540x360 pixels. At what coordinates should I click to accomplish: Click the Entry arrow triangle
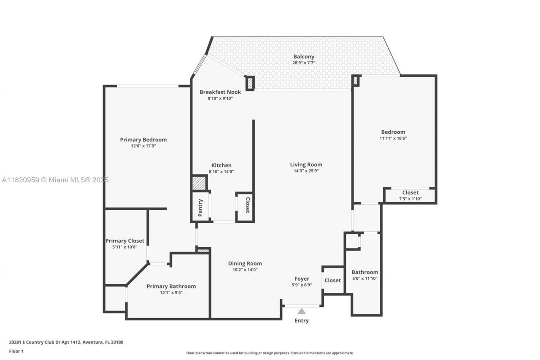301,311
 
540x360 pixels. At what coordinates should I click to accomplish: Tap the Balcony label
304,57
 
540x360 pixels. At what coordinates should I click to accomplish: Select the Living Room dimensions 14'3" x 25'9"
306,171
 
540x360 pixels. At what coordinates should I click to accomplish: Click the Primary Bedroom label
143,140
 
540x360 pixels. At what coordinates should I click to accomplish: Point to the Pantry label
200,208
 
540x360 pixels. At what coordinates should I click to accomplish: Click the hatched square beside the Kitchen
199,183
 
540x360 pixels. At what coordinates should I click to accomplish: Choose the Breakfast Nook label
220,92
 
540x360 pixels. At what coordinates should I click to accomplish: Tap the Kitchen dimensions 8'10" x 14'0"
221,172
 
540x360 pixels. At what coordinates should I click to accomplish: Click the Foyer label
302,279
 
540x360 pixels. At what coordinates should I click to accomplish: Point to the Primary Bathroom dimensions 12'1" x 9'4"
171,292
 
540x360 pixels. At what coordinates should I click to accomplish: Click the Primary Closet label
125,241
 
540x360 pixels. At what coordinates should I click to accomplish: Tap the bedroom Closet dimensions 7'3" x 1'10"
410,199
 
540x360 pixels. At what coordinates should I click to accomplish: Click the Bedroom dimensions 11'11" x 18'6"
393,138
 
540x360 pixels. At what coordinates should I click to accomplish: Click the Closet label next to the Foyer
332,280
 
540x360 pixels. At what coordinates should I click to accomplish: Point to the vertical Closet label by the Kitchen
248,205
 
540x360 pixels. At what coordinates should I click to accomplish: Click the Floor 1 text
16,351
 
